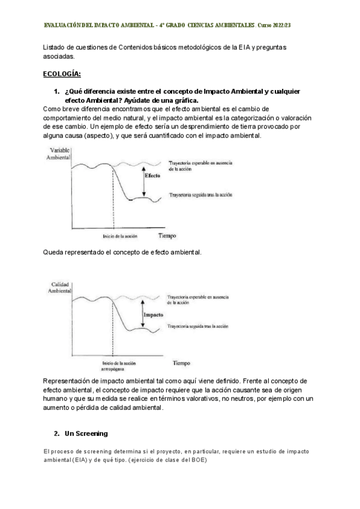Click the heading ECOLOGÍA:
click(62, 74)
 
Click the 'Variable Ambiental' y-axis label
click(58, 153)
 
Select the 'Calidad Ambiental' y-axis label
click(58, 288)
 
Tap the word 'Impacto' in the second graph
click(154, 313)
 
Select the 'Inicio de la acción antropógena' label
click(119, 366)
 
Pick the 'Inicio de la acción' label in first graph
click(120, 236)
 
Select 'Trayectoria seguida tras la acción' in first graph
click(200, 196)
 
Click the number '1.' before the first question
click(57, 91)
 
